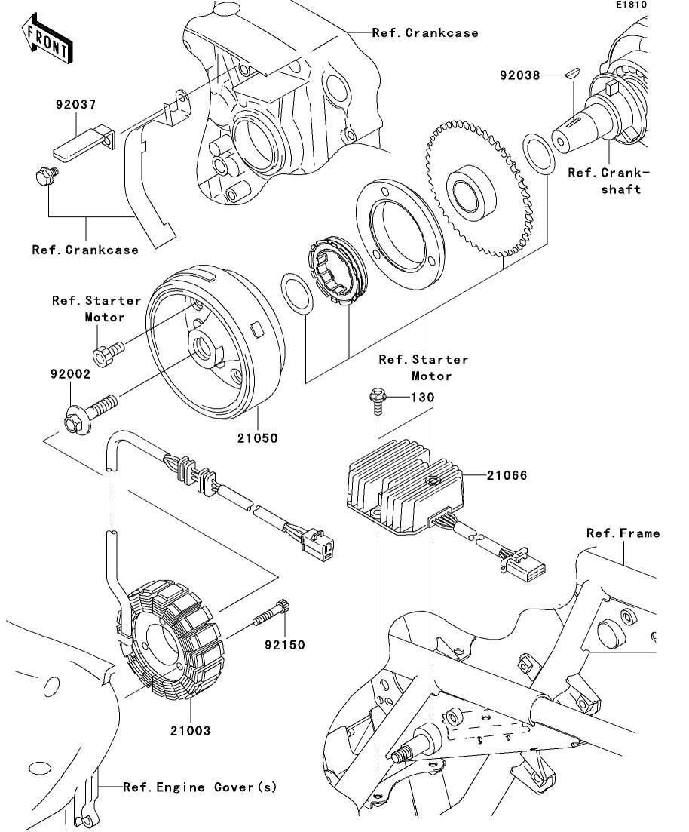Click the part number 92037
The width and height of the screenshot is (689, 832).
click(x=74, y=106)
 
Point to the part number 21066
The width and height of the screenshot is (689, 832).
click(x=506, y=476)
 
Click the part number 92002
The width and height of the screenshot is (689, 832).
click(x=70, y=373)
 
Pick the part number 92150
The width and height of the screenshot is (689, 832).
click(x=284, y=645)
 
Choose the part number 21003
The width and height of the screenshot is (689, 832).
click(x=189, y=730)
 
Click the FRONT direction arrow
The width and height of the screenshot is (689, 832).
click(x=47, y=42)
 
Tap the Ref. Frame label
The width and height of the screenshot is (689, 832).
click(x=623, y=533)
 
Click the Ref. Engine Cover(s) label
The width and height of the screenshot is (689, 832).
click(x=200, y=787)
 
